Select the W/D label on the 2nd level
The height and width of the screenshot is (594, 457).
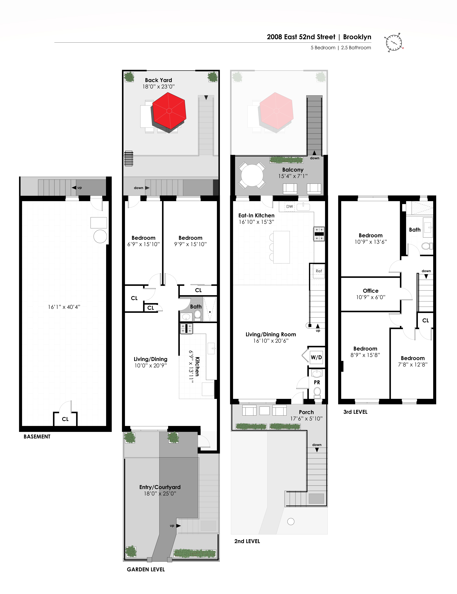316,357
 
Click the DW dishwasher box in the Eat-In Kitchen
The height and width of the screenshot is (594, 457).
290,206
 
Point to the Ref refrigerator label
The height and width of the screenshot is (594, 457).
319,271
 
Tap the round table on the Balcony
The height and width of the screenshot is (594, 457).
252,175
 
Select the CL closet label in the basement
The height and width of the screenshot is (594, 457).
65,419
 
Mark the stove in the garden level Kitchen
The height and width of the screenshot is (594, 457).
186,329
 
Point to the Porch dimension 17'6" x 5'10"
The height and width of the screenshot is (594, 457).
306,419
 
